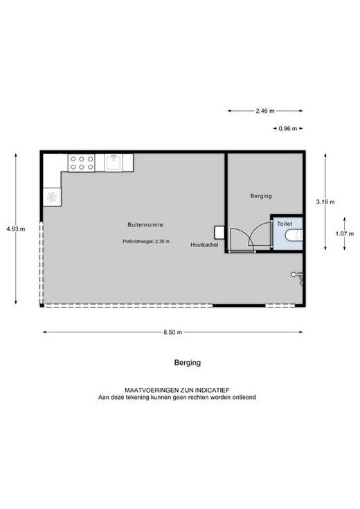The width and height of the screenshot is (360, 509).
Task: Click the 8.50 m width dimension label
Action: [172, 332]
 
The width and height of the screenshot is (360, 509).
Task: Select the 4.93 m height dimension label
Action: [16, 229]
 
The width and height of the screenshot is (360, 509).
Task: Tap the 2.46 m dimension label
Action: [265, 111]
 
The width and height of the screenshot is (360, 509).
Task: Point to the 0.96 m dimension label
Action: [287, 129]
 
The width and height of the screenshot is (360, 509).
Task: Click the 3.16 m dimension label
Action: [325, 202]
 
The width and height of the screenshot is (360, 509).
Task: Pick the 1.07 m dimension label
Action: [345, 233]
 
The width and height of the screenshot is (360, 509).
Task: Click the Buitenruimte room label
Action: [145, 224]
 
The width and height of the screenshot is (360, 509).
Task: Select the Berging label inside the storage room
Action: [261, 196]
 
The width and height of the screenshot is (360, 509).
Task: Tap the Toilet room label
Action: [285, 224]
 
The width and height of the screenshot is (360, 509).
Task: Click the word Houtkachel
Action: [204, 244]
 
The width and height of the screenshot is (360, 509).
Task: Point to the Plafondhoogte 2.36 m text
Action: [146, 241]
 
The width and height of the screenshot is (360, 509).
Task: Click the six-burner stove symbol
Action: [82, 163]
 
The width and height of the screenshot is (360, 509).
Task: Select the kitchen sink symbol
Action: [114, 162]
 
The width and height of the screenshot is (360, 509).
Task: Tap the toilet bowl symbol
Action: [294, 235]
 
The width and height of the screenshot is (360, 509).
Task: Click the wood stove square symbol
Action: [219, 233]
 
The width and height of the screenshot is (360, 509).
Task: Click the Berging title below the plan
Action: [188, 363]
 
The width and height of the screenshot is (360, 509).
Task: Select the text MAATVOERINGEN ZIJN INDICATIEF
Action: [177, 390]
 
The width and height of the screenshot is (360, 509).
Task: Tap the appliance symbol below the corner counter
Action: [52, 197]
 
